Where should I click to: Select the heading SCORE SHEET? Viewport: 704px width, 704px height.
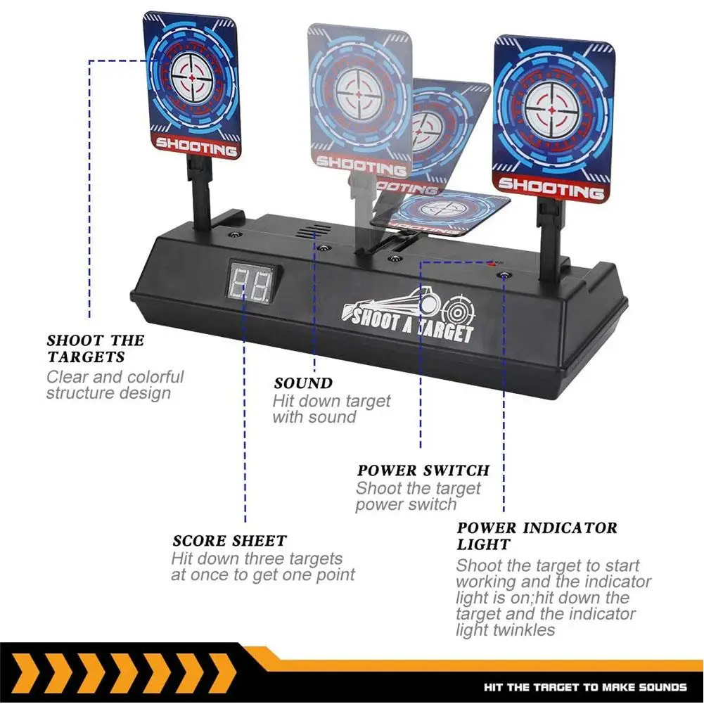tap(229, 541)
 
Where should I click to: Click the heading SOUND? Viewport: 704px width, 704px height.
tap(304, 383)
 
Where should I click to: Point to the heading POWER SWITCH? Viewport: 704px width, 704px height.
tap(423, 470)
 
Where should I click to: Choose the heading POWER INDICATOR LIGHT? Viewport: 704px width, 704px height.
tap(537, 536)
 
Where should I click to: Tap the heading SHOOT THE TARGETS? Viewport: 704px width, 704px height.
tap(95, 348)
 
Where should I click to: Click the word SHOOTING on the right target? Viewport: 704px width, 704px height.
tap(551, 187)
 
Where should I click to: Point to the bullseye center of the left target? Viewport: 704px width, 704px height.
tap(193, 78)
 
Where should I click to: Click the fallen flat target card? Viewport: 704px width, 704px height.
tap(440, 214)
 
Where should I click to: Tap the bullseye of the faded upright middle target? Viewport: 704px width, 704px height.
tap(359, 95)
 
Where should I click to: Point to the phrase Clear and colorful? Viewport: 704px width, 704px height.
tap(115, 377)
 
